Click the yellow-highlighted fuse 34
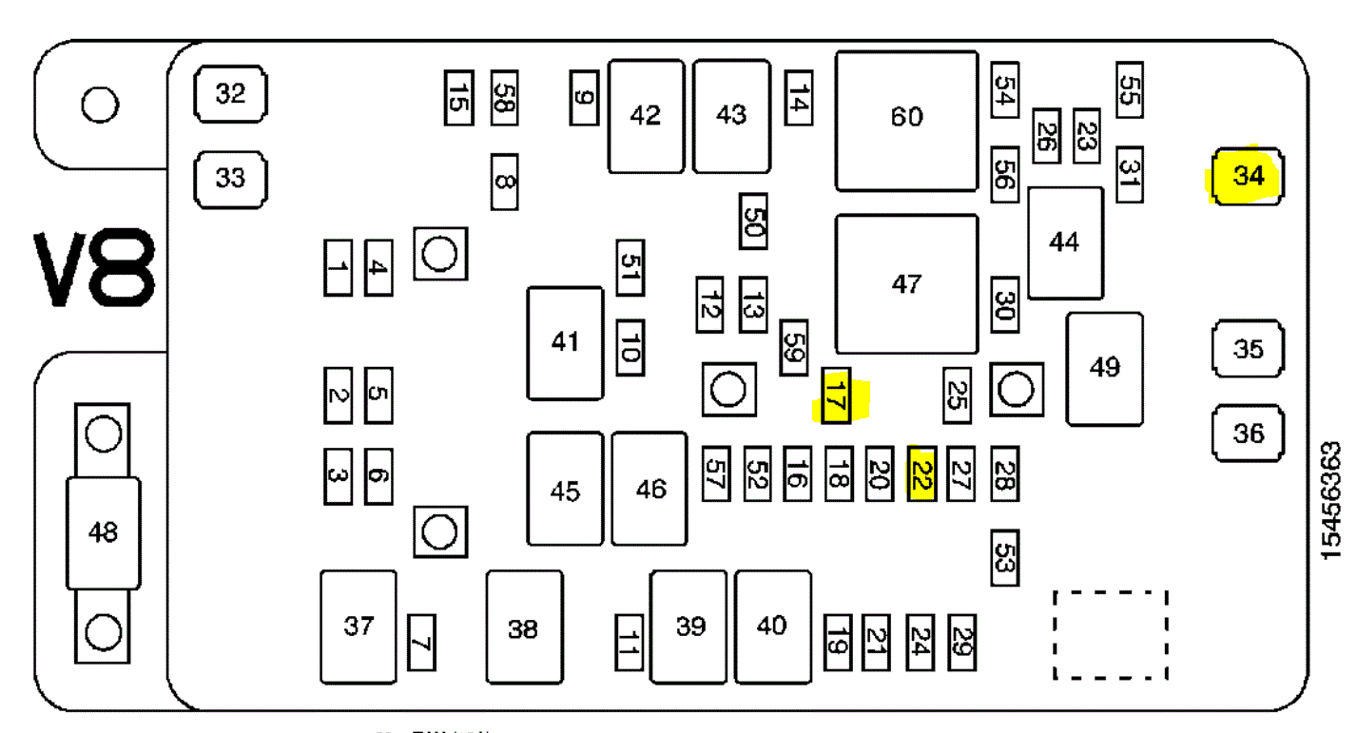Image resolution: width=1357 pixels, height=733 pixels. coord(1248,176)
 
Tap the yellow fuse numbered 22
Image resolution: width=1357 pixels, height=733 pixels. coord(921,473)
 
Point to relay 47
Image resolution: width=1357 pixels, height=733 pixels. coord(906,284)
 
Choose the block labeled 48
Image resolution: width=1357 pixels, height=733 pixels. coord(103,532)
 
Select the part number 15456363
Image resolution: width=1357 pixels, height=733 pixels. coord(1331,500)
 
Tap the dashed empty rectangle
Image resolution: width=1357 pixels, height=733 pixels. coord(1110,635)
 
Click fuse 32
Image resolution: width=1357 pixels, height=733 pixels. coord(230,94)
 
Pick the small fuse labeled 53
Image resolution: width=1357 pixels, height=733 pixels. coord(1004,558)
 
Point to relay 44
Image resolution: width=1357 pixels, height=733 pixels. coord(1065,242)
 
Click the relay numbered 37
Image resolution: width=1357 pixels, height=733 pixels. coord(359,627)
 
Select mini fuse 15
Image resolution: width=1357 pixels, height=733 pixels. coord(458,97)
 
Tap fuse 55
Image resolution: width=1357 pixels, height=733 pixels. coord(1129,90)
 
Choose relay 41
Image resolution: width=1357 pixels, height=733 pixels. coord(565,342)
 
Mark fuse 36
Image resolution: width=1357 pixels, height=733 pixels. coord(1248,434)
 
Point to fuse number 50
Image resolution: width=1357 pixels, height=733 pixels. coord(753,222)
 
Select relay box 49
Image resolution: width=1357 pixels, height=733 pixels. coord(1104,368)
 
